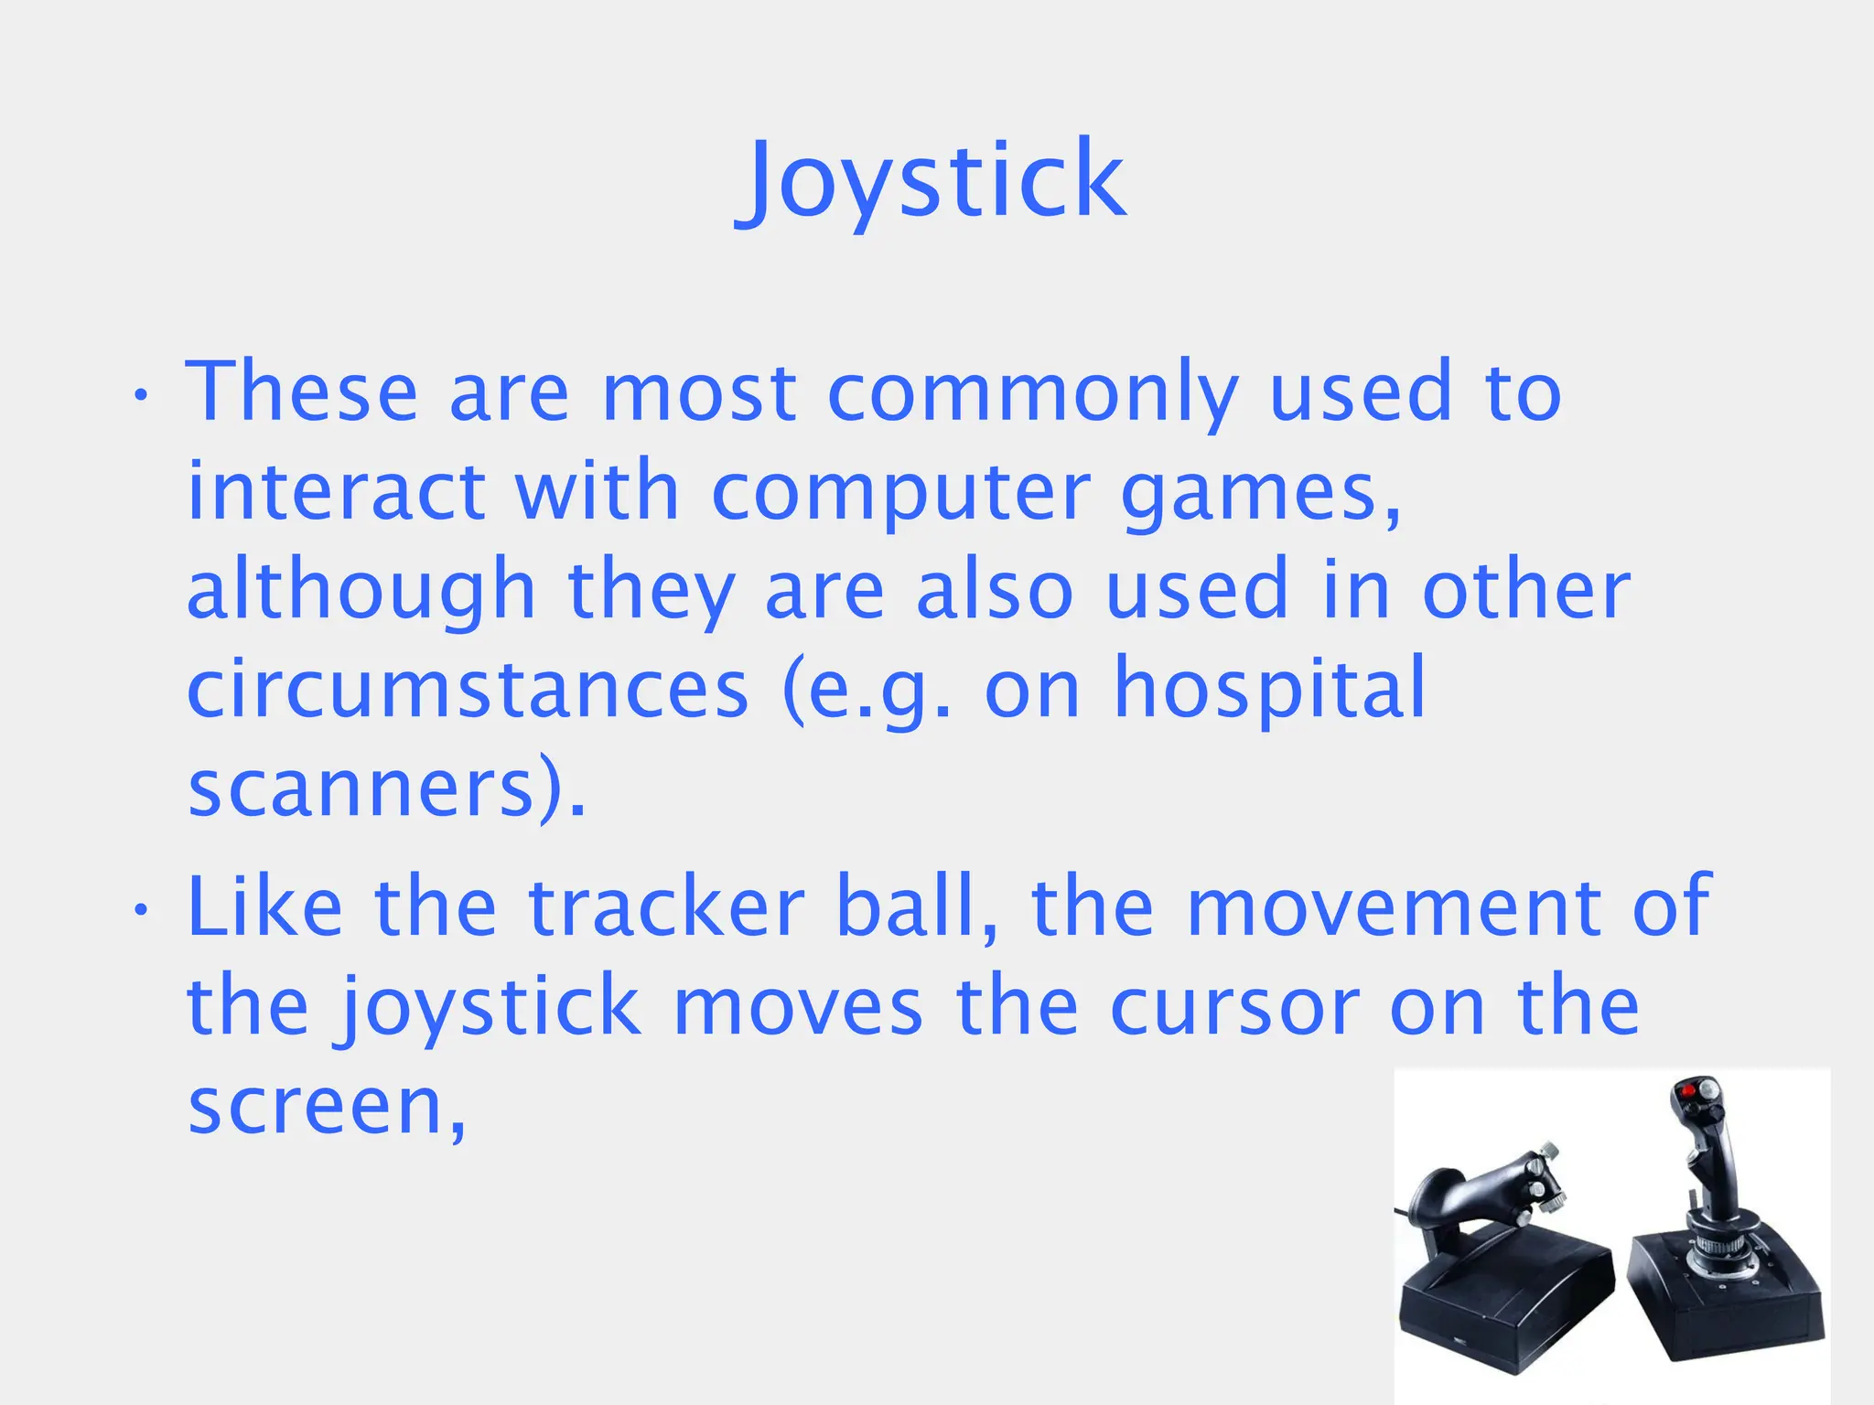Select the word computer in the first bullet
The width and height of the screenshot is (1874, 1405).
pyautogui.click(x=900, y=492)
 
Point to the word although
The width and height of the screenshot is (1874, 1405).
pyautogui.click(x=361, y=591)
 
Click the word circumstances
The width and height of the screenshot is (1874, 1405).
pyautogui.click(x=468, y=690)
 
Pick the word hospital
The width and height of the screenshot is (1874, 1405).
pyautogui.click(x=1269, y=690)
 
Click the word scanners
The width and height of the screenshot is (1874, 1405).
pyautogui.click(x=361, y=788)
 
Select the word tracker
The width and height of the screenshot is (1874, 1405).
pyautogui.click(x=666, y=907)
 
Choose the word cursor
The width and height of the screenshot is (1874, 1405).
pyautogui.click(x=1234, y=1006)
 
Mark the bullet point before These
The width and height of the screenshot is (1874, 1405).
pyautogui.click(x=140, y=395)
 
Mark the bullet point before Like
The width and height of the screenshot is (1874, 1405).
pyautogui.click(x=140, y=909)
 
